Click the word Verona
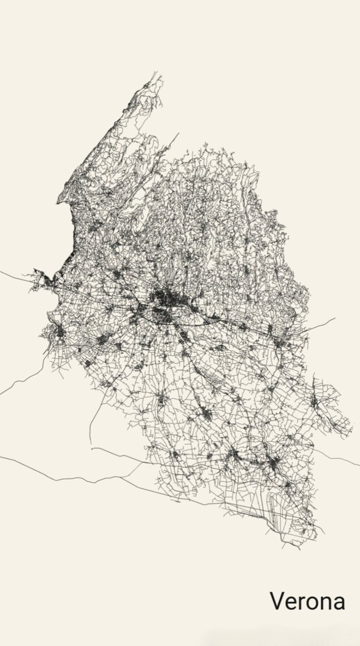pos(307,601)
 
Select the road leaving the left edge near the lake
pos(13,276)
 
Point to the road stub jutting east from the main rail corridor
pos(323,322)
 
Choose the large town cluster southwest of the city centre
pos(102,340)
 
